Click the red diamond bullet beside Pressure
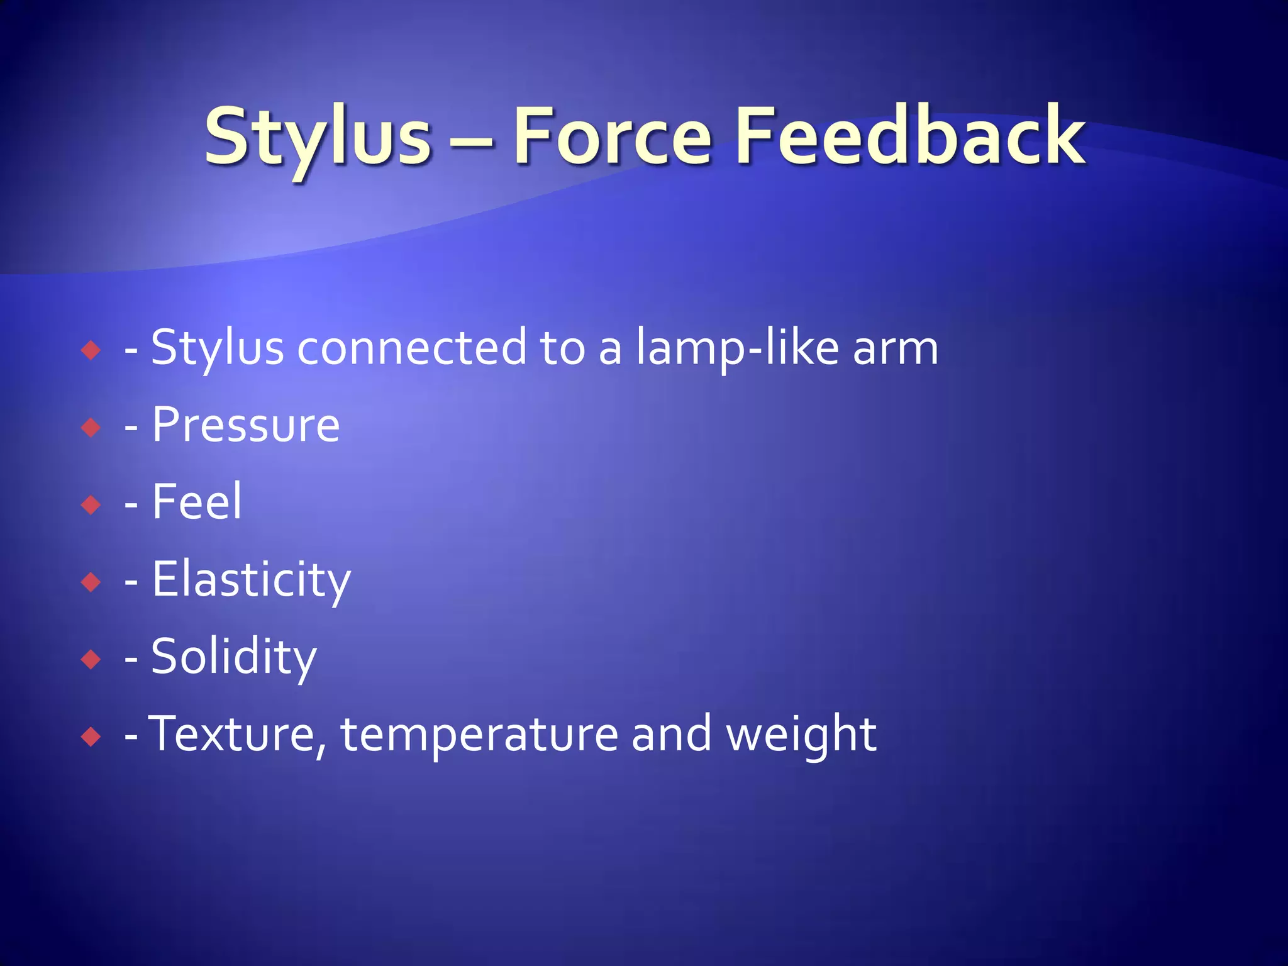pos(91,428)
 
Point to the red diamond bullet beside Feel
pos(91,504)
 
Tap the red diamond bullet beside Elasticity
pos(91,582)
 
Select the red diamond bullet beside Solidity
pos(91,659)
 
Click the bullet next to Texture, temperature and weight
pos(91,736)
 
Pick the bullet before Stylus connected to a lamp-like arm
pos(91,350)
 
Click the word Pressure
pos(246,426)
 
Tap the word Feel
pos(197,502)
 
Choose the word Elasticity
pos(251,580)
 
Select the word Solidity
pos(234,657)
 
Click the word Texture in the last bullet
pos(236,734)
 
